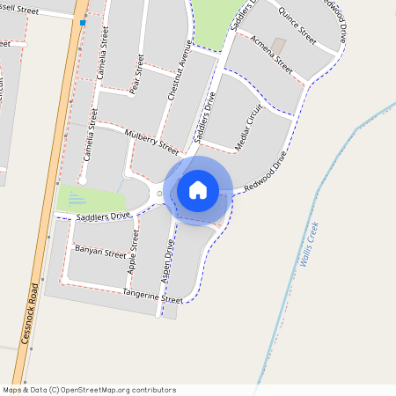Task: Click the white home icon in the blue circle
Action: [198, 190]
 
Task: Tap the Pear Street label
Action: [136, 74]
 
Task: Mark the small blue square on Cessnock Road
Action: [83, 22]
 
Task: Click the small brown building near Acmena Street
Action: [278, 44]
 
